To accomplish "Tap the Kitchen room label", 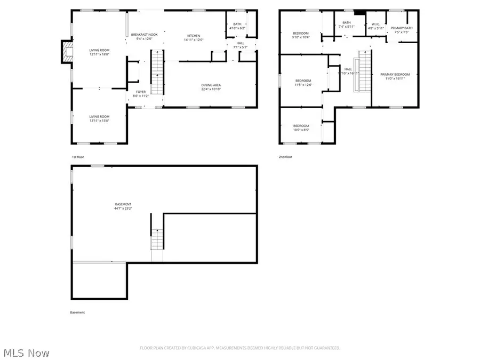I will [x=193, y=37].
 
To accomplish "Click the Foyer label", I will [x=141, y=94].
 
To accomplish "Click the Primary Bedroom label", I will [x=395, y=77].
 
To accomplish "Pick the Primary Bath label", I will [x=402, y=30].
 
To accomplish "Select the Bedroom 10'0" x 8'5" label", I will [x=301, y=127].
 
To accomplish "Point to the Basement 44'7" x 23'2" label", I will [x=123, y=206].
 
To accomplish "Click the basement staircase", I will [x=157, y=239].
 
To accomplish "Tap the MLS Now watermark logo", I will [x=27, y=353].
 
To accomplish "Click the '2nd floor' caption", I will [x=285, y=157].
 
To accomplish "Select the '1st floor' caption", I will [x=78, y=157].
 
